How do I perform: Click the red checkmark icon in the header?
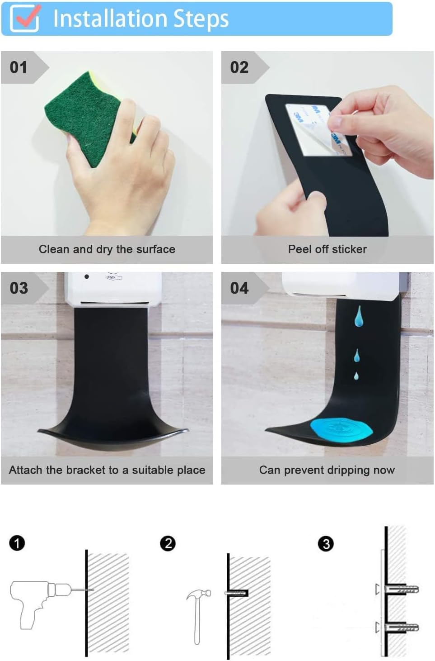click(x=24, y=18)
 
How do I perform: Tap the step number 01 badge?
click(x=19, y=67)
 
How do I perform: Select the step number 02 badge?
click(x=239, y=67)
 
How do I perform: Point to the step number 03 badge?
click(x=19, y=288)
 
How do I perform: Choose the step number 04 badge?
click(x=239, y=288)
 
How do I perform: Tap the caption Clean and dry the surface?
click(x=107, y=249)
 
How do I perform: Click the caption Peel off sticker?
click(x=327, y=249)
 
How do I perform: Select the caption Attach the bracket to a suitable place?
click(x=107, y=470)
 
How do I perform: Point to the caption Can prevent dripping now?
click(x=327, y=470)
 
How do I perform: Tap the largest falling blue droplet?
click(x=358, y=316)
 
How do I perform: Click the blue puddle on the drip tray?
click(x=341, y=429)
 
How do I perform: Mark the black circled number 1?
click(x=17, y=543)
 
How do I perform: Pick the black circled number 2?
click(x=168, y=543)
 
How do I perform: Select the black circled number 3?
click(x=326, y=543)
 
